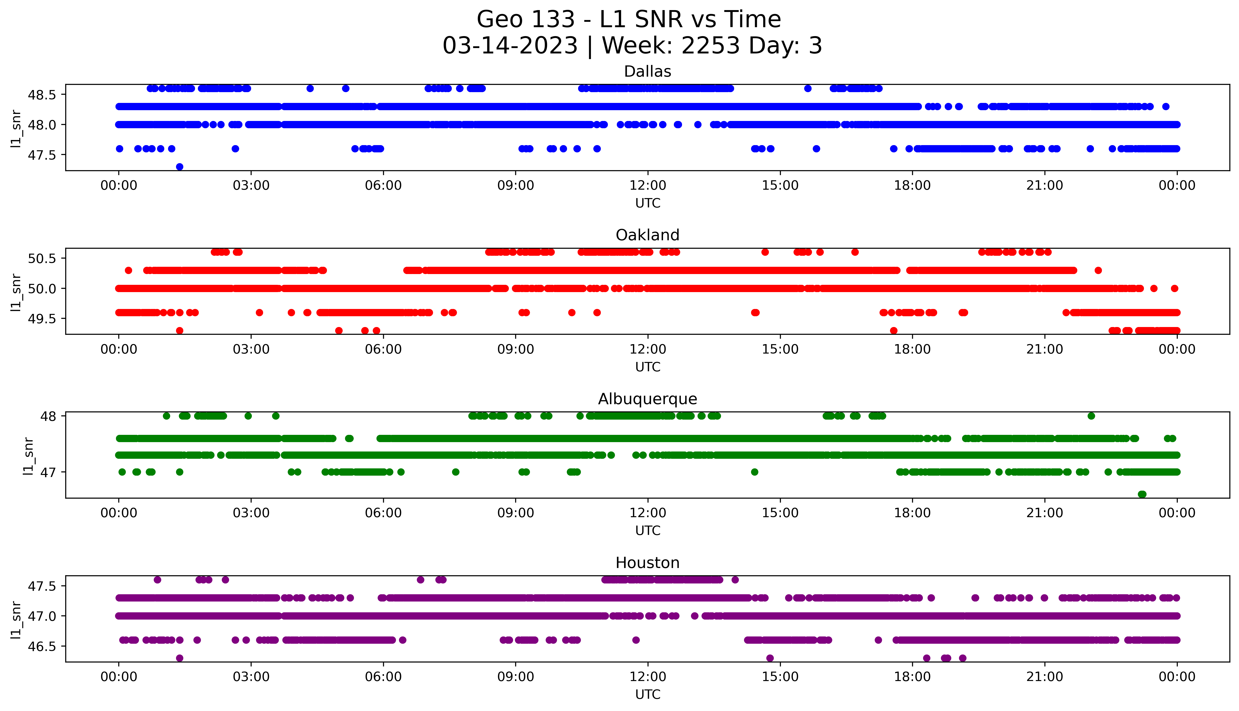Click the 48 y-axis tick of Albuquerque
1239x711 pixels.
click(49, 416)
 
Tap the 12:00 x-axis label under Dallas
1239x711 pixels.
click(648, 186)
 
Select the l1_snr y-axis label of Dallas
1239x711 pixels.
click(16, 128)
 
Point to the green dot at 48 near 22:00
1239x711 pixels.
click(1091, 416)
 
